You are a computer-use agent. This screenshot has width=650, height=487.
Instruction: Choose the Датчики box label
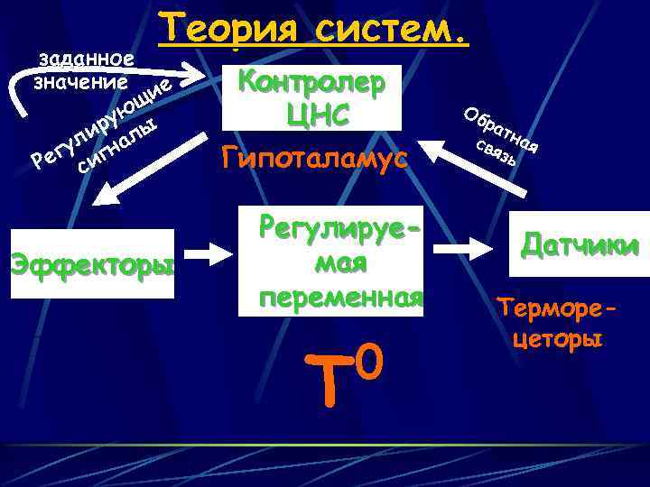(x=580, y=245)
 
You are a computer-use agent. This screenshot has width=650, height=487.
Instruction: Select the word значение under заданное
(x=79, y=82)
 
